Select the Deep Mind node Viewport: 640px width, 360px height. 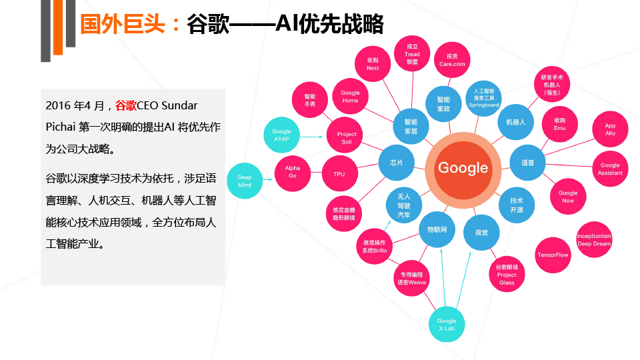[245, 181]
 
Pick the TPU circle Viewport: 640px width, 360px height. [339, 173]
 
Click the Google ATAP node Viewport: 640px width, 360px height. [281, 135]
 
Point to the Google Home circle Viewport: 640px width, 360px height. [350, 96]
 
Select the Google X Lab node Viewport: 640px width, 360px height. [447, 324]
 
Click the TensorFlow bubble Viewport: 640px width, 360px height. [553, 255]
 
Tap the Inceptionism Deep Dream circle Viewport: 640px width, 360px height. [594, 239]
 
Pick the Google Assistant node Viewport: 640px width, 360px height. [610, 169]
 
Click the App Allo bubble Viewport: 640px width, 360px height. [610, 129]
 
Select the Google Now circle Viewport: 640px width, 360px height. [568, 196]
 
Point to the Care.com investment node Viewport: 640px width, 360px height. [452, 60]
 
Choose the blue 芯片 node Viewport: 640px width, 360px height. [396, 163]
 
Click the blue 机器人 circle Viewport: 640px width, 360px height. [515, 122]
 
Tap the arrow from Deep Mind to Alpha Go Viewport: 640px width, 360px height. [268, 179]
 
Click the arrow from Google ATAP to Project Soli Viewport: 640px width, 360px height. [311, 137]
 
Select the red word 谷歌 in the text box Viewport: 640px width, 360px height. [126, 106]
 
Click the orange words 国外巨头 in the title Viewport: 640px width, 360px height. [123, 24]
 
